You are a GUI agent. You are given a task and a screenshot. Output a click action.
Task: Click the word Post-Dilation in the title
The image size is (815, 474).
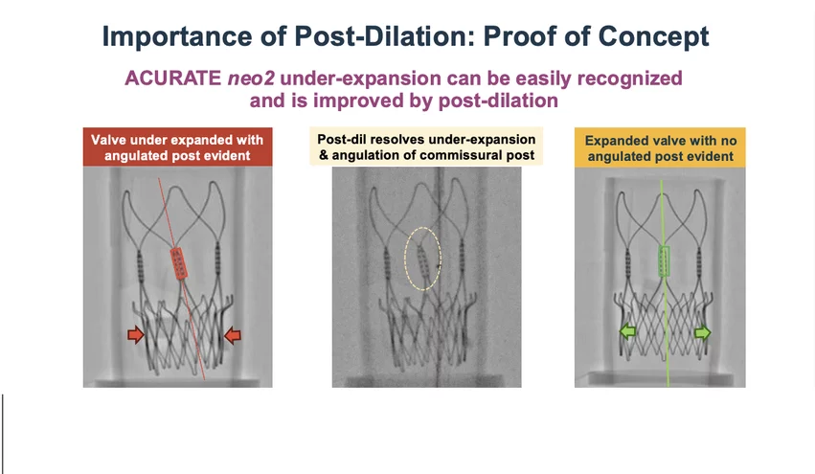[385, 35]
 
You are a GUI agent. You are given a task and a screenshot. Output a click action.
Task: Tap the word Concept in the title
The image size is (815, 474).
[653, 36]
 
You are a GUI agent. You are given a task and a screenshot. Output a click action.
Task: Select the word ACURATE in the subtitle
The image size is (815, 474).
[173, 78]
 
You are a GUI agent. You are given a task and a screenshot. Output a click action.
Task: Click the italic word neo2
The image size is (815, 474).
[251, 79]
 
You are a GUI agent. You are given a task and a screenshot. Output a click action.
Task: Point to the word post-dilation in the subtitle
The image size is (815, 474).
[498, 101]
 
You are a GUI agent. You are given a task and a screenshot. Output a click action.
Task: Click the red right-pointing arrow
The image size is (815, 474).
[136, 335]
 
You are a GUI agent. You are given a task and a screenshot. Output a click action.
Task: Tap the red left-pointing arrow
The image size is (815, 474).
[233, 335]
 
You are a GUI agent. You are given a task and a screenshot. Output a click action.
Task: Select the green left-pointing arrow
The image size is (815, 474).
[627, 331]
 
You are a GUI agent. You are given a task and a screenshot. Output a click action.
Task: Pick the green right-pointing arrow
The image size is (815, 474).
[703, 332]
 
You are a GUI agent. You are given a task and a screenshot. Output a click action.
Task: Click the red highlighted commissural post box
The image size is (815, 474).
[178, 263]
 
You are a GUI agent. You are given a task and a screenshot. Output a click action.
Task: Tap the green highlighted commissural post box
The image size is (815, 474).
[664, 260]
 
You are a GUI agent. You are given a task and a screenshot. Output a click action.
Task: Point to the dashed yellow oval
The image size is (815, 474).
[423, 259]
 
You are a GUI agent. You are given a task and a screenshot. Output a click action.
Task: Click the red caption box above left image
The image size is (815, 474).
[178, 147]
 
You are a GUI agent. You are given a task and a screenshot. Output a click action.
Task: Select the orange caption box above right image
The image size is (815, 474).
[660, 147]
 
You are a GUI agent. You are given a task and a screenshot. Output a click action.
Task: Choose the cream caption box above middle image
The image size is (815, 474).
[426, 147]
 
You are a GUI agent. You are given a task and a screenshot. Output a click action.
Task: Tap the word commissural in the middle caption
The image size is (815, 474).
[458, 155]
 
